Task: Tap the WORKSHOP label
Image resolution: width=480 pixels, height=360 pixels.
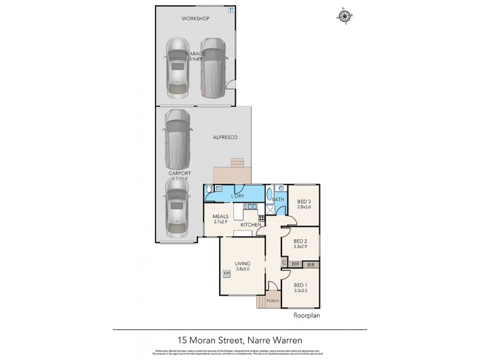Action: (196, 19)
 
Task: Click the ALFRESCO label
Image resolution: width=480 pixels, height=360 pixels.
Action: (225, 137)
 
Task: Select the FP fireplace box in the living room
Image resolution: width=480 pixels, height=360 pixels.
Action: (226, 274)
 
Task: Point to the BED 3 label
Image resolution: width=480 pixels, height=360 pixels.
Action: (304, 202)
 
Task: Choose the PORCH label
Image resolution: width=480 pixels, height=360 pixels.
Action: (265, 301)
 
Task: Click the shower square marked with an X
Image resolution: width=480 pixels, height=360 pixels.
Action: (269, 209)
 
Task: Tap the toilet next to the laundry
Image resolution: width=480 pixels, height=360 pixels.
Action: (209, 188)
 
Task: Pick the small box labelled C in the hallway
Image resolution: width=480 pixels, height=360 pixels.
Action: (283, 263)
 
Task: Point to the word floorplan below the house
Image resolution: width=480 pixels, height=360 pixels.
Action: (305, 314)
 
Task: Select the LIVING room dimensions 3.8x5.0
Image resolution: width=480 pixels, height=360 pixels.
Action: (242, 269)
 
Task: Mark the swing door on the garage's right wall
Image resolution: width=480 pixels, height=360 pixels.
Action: (231, 84)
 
